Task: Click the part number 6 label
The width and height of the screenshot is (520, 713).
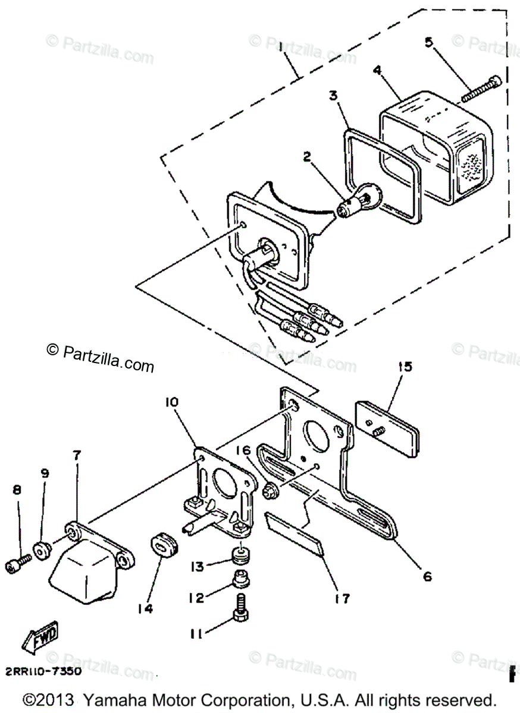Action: tap(427, 576)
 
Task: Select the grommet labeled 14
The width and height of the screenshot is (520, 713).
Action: tap(160, 543)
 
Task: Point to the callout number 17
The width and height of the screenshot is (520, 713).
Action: tap(343, 597)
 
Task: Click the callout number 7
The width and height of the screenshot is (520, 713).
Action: tap(78, 456)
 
